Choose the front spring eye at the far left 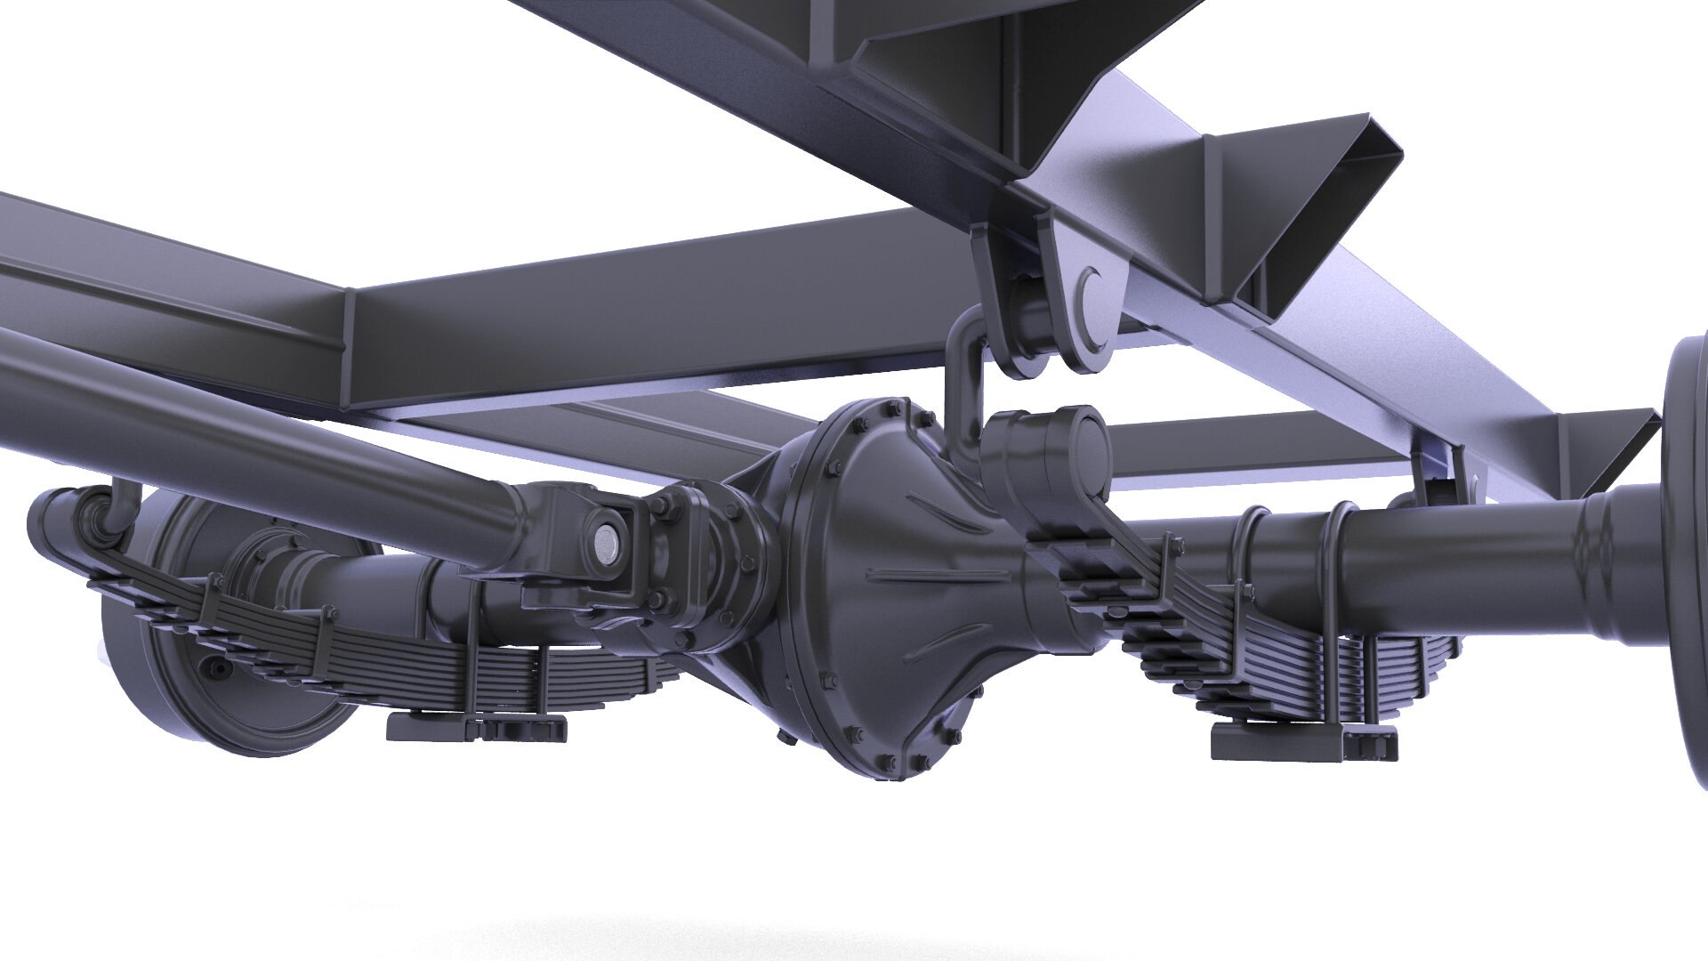click(58, 516)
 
